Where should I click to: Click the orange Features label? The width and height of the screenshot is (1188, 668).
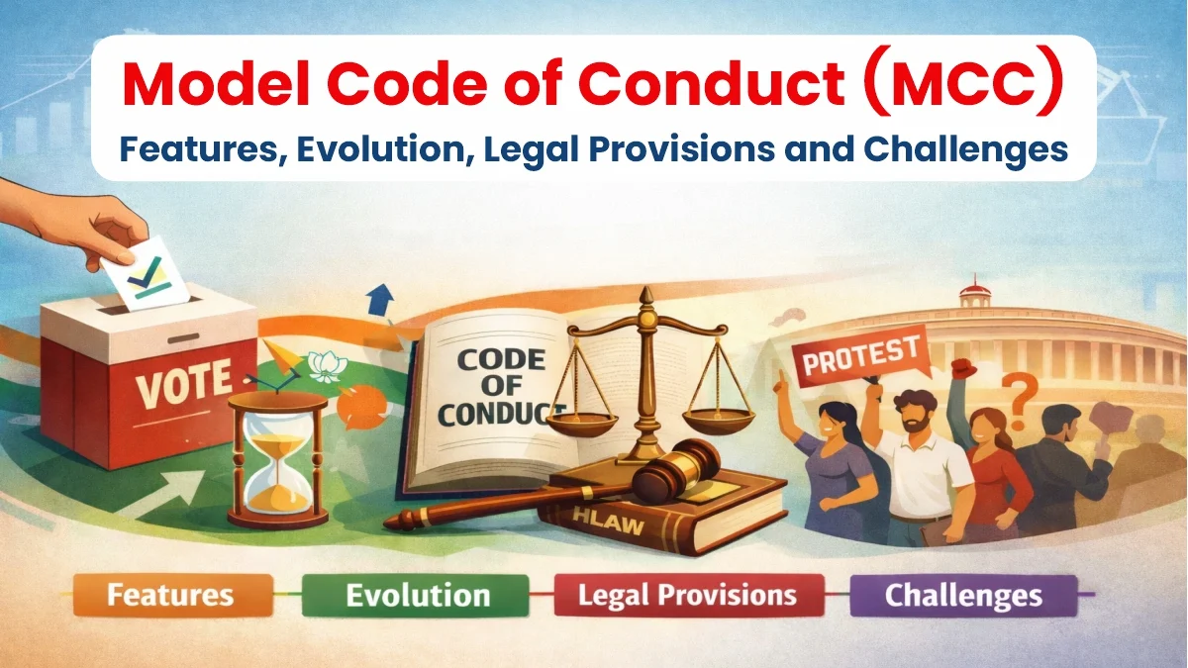(x=169, y=596)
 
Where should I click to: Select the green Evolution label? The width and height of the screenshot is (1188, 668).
(x=417, y=596)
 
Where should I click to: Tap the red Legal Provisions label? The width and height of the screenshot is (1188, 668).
(x=687, y=596)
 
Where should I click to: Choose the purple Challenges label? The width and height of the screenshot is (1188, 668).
(x=962, y=597)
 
